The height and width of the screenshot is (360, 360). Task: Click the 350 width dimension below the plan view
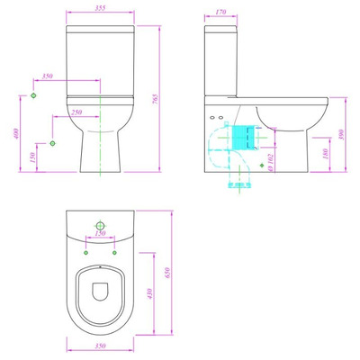point(100,346)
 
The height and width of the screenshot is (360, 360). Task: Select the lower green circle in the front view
point(53,143)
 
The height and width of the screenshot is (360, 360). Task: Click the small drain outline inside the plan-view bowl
point(101,289)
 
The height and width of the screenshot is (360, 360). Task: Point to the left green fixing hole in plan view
point(87,252)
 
